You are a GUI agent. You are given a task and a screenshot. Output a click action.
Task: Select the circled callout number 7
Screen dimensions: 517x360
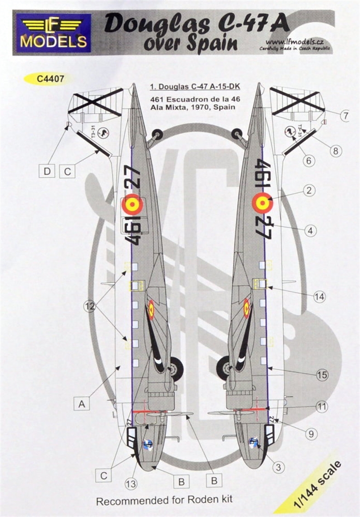point(345,116)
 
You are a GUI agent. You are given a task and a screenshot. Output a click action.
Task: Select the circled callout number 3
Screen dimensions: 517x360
point(278,467)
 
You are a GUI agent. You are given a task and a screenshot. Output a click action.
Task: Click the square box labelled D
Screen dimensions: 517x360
point(46,171)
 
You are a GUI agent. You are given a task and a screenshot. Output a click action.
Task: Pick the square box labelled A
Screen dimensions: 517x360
point(82,404)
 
